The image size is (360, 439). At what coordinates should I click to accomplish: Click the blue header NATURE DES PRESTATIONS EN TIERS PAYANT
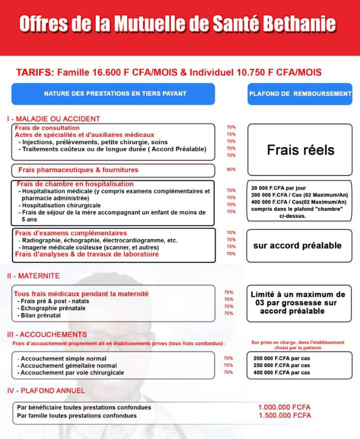[115, 93]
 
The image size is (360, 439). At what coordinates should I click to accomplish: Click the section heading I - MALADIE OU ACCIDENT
[53, 119]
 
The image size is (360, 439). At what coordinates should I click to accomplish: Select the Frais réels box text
[300, 150]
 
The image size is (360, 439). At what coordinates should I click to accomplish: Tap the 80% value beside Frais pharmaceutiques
[231, 170]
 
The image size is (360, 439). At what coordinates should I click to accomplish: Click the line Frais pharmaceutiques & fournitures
[78, 170]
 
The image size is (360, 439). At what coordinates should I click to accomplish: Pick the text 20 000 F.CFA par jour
[275, 188]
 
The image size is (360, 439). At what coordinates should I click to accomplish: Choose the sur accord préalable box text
[297, 245]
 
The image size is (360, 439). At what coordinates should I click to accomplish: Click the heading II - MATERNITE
[33, 275]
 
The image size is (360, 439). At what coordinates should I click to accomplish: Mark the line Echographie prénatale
[53, 308]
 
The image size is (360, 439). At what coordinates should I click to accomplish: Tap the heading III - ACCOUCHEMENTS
[47, 334]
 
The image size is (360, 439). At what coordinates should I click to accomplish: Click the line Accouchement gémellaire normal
[67, 366]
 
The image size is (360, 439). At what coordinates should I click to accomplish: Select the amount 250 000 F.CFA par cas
[282, 366]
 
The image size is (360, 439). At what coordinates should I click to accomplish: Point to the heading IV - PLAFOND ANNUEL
[46, 391]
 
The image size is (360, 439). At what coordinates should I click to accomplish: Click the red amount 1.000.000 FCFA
[284, 407]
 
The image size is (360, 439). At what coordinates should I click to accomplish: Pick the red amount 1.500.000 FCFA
[284, 416]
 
